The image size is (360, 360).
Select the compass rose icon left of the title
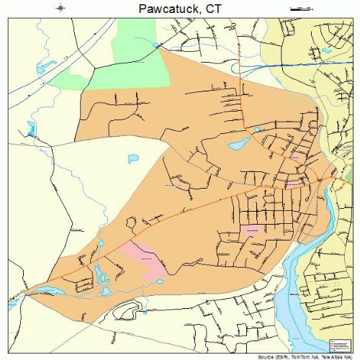point(60,8)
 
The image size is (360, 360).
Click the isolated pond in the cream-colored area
point(132,158)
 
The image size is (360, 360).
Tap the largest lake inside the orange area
point(237,143)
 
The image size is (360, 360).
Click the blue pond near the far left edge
point(30,129)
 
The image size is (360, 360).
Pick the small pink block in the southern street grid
point(251,230)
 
